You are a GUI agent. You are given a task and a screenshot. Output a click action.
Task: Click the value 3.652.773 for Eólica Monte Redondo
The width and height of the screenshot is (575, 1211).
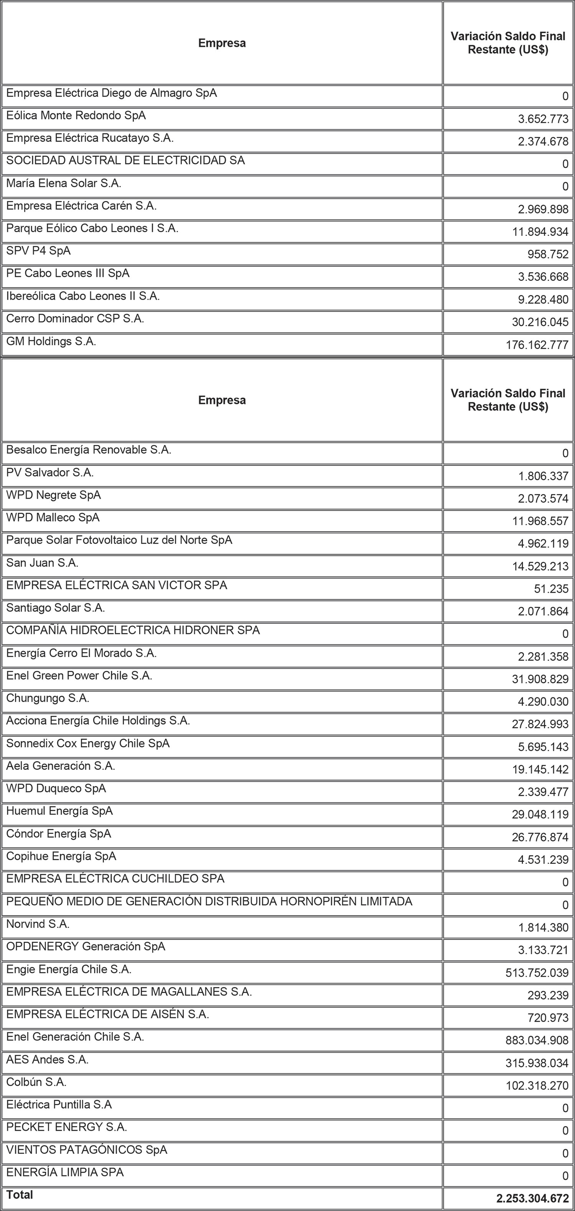point(543,119)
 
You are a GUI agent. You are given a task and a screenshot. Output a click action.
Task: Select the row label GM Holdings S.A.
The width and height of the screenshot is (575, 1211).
point(51,341)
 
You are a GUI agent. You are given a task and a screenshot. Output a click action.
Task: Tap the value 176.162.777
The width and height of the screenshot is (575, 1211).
point(537,345)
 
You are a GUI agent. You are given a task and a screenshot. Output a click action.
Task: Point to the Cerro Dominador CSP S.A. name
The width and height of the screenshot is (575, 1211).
point(75,319)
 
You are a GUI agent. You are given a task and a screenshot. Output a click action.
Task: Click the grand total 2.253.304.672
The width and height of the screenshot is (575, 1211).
point(532,1199)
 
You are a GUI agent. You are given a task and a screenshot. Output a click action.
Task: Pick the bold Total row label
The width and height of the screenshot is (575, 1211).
point(20,1195)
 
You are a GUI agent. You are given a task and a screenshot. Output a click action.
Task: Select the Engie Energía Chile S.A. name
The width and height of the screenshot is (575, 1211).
point(69,969)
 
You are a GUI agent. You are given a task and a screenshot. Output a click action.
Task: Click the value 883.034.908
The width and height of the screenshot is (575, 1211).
point(537,1040)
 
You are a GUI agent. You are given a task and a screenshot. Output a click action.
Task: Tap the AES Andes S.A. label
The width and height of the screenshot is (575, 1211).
point(48,1059)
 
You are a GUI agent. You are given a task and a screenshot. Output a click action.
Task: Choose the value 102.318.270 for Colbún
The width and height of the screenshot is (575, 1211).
point(537,1086)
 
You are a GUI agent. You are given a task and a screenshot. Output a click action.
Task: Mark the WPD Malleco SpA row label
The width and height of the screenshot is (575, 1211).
point(53,517)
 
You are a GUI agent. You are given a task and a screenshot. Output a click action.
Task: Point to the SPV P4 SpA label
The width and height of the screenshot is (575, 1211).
point(38,251)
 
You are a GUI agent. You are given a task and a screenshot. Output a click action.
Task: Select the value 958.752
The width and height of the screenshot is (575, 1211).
point(548,254)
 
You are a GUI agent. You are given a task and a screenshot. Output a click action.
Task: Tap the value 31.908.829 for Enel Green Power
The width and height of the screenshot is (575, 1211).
point(540,679)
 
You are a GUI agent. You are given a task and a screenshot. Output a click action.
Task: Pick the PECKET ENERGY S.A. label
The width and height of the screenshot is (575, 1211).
point(66,1127)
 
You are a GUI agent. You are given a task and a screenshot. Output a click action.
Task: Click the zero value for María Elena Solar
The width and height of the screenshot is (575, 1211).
point(565,187)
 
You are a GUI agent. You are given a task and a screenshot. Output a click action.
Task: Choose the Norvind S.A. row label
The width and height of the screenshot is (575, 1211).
point(38,924)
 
